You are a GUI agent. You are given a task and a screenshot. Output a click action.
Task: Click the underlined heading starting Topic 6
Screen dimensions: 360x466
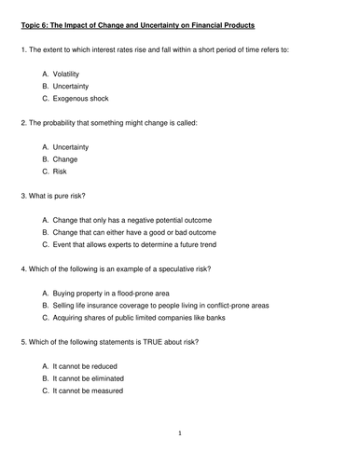click(x=149, y=21)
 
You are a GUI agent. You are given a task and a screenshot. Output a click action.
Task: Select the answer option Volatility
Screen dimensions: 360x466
click(x=71, y=72)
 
